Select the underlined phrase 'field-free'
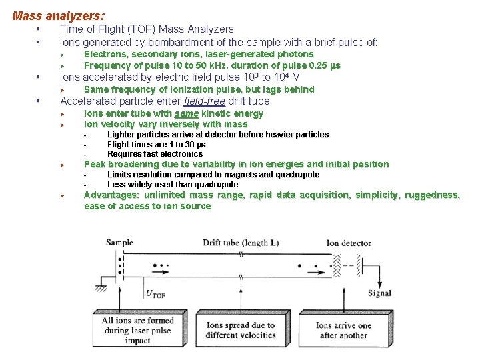(x=205, y=101)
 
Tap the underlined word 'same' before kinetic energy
(x=185, y=114)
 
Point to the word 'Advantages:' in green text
(x=111, y=195)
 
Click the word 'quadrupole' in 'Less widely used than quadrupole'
(x=215, y=185)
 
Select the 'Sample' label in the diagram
(x=119, y=243)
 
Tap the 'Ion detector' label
(x=348, y=243)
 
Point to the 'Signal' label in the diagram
(x=379, y=293)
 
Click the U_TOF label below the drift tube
(x=155, y=293)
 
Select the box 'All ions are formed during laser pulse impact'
(x=137, y=331)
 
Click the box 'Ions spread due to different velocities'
(x=241, y=331)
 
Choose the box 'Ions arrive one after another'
(x=343, y=331)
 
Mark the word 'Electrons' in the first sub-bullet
(x=105, y=54)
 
